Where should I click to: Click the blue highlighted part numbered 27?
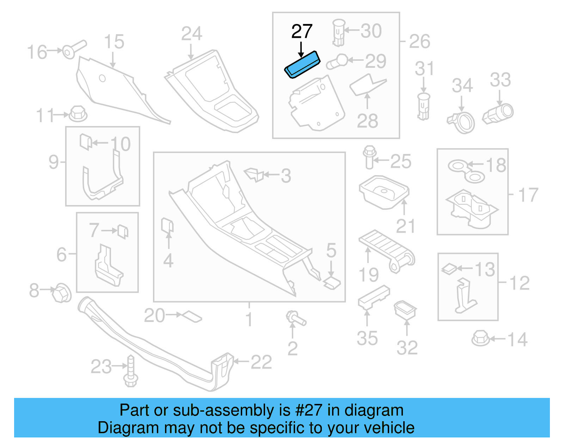tap(302, 65)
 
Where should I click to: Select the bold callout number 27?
tap(302, 32)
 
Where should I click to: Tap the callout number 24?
tap(192, 34)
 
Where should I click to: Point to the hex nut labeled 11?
tap(78, 114)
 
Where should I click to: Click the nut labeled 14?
tap(480, 338)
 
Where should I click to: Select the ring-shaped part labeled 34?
tap(462, 122)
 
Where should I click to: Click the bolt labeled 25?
tap(369, 157)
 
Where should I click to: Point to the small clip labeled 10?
tap(86, 142)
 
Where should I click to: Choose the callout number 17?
tap(528, 195)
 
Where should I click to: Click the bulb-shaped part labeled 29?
tap(338, 62)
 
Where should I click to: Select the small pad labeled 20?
tap(192, 316)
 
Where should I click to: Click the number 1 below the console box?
tap(249, 320)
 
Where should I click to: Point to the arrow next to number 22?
tap(241, 361)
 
